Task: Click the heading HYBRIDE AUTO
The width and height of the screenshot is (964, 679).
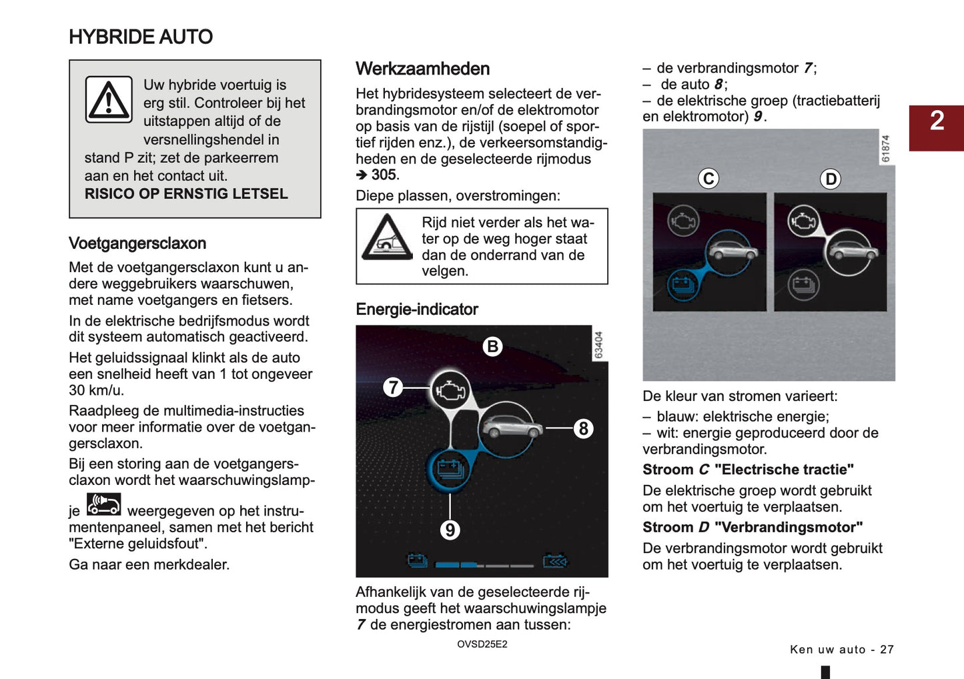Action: coord(141,37)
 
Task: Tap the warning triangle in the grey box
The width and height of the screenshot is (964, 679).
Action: coord(109,100)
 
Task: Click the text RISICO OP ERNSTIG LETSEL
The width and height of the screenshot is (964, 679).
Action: coord(186,194)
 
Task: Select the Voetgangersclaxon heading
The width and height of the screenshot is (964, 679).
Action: coord(137,243)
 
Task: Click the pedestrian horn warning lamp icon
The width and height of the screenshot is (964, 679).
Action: coord(104,504)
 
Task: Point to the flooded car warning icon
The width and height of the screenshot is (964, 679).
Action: coord(387,237)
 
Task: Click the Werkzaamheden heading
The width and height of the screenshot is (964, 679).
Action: coord(422,69)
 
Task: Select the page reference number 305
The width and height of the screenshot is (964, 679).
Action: coord(384,175)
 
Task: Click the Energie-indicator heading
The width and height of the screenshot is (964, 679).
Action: coord(417,309)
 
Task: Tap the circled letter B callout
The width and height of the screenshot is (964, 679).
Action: coord(492,347)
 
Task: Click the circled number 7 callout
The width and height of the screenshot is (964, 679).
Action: coord(393,387)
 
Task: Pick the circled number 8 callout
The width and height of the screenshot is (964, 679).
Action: coord(583,428)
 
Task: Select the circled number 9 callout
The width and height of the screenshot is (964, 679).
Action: coord(450,530)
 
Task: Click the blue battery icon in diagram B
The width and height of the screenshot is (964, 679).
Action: coord(450,469)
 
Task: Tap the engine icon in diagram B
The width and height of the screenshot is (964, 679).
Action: coord(450,390)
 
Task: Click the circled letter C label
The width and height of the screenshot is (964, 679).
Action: coord(708,179)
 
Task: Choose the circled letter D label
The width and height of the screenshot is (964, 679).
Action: coord(831,179)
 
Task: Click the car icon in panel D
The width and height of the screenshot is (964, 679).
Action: coord(849,251)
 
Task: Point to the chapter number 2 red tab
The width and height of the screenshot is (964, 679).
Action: coord(936,127)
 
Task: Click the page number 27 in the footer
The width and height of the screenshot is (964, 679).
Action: coord(887,650)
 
